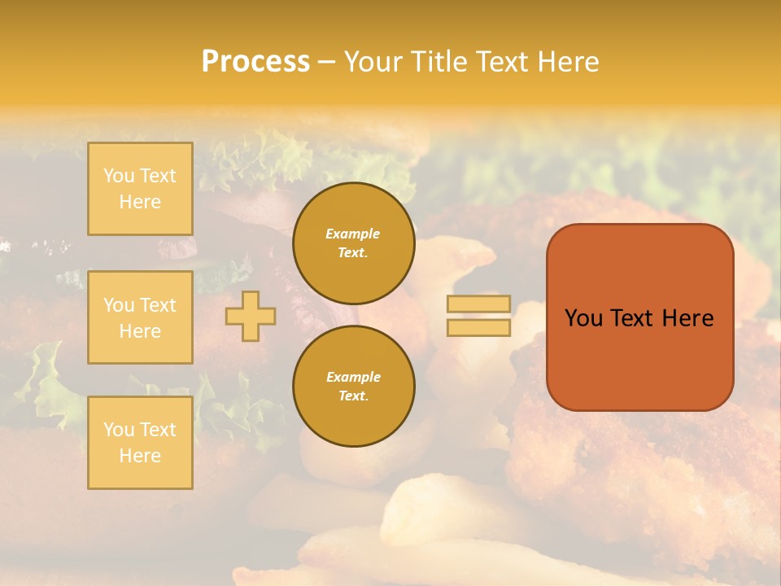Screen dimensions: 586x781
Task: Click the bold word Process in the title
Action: (255, 62)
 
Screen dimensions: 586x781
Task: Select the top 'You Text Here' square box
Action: (140, 189)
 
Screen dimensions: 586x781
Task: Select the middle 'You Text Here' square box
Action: (140, 317)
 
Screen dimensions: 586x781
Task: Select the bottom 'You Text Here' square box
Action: (140, 443)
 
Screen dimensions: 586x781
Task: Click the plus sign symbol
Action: (251, 316)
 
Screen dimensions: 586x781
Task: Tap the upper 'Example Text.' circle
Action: (353, 243)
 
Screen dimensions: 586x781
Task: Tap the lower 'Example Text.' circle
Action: (353, 387)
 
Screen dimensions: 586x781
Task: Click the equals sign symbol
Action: (478, 316)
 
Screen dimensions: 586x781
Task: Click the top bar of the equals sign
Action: (478, 304)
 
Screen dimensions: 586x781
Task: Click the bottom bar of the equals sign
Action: (478, 327)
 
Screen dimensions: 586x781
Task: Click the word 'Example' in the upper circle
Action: (353, 234)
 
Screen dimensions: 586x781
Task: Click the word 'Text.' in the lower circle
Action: (353, 396)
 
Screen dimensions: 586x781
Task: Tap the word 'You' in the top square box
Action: (119, 176)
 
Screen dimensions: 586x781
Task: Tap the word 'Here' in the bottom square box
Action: (140, 456)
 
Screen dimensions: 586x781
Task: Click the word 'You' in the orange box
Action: (583, 318)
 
